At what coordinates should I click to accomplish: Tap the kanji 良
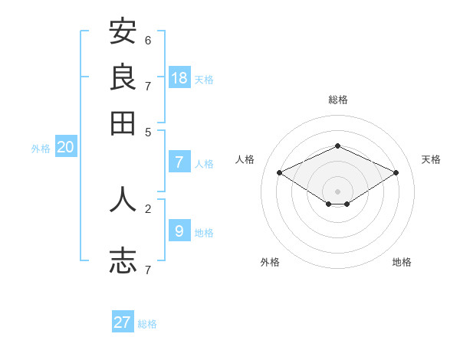(x=123, y=77)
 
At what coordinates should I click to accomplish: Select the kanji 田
(x=123, y=123)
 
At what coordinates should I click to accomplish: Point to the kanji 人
(x=123, y=199)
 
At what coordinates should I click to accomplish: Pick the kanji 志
(x=123, y=260)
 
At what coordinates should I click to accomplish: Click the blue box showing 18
(x=179, y=77)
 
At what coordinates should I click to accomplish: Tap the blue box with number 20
(x=65, y=148)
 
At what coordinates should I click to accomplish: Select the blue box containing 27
(x=123, y=322)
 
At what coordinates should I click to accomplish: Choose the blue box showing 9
(x=179, y=231)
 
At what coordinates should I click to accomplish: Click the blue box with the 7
(x=179, y=162)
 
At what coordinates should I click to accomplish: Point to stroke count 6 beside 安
(x=148, y=40)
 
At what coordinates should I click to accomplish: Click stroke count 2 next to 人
(x=148, y=208)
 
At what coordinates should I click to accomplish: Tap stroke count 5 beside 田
(x=148, y=131)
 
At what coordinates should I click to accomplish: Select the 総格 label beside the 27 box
(x=148, y=324)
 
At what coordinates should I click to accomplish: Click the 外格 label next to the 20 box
(x=41, y=149)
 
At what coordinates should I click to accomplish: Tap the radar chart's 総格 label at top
(x=337, y=100)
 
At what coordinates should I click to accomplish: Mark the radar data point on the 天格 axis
(x=396, y=172)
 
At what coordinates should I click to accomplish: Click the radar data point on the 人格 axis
(x=280, y=172)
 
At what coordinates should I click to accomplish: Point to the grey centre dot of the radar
(x=337, y=191)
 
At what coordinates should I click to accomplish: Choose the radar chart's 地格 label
(x=402, y=262)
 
